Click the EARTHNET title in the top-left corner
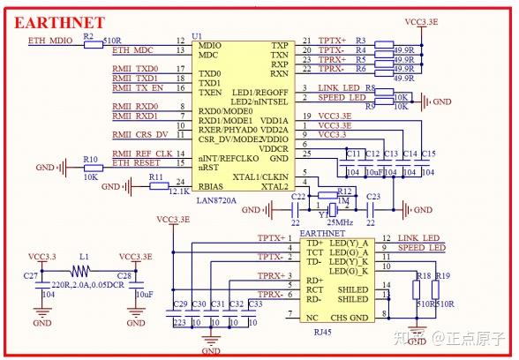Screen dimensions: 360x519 (x=59, y=21)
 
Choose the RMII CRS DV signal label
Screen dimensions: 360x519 (x=139, y=134)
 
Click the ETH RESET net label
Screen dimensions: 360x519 (x=136, y=163)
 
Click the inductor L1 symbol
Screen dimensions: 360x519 (x=84, y=270)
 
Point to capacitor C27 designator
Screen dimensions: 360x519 (x=31, y=276)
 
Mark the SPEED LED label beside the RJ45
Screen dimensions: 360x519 (x=420, y=248)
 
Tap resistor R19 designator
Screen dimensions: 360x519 (x=442, y=276)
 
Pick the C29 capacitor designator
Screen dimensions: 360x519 (x=180, y=304)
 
